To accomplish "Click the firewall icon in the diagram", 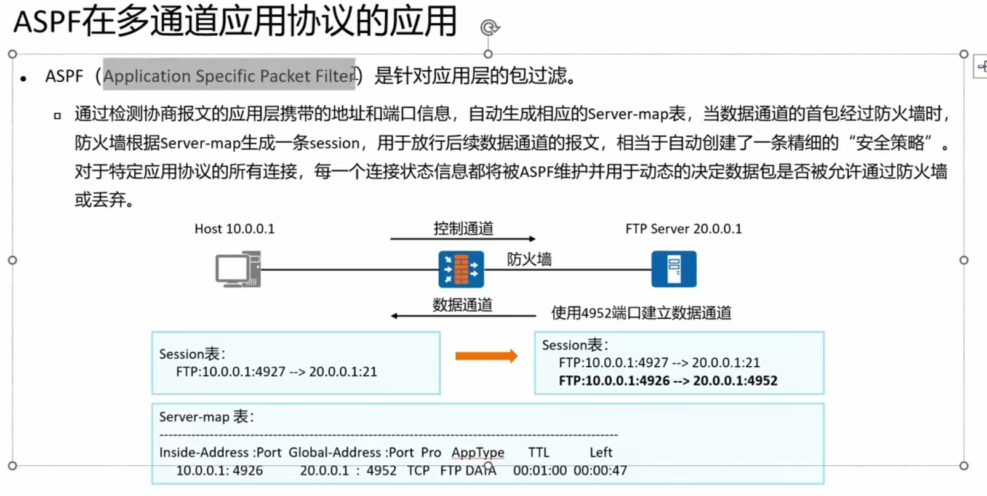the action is (461, 269).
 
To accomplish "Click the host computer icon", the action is (238, 269).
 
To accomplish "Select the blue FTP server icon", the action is (674, 269).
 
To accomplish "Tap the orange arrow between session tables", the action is (486, 356).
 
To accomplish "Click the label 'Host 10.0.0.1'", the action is (234, 229).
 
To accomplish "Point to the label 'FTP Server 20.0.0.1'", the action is (684, 229).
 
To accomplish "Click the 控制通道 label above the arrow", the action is (463, 228).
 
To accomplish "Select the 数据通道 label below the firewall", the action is (462, 305).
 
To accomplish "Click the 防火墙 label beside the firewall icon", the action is (529, 259).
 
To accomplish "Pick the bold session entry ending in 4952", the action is (668, 381).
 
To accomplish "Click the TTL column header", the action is (538, 453).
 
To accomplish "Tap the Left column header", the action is (601, 453).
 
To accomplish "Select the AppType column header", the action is (478, 453).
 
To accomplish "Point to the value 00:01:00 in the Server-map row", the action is (540, 471).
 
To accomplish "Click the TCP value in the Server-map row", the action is (418, 471).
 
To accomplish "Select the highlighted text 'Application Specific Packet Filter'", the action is (229, 76).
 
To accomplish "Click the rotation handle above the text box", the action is (489, 27).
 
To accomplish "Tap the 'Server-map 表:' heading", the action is (206, 417).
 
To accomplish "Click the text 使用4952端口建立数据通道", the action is (641, 313).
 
